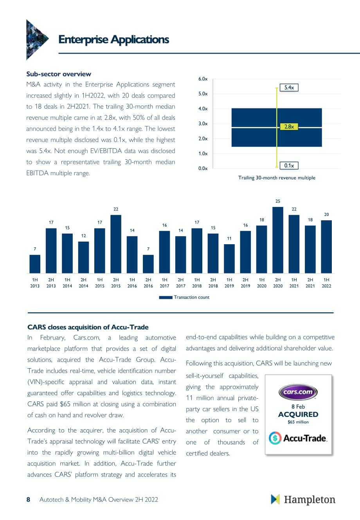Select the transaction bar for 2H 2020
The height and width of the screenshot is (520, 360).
coord(277,240)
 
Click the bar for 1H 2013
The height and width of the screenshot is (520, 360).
coord(35,264)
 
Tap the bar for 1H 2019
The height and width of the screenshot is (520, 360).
coord(229,259)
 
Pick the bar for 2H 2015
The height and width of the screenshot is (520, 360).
coord(116,244)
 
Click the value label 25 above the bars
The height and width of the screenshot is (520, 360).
coord(277,201)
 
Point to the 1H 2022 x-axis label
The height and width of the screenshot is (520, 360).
coord(326,283)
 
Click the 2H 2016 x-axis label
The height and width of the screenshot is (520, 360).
coord(148,283)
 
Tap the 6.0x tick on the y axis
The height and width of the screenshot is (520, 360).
coord(203,79)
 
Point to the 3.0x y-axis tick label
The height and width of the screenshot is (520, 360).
coord(203,124)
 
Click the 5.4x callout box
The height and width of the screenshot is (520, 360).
coord(289,88)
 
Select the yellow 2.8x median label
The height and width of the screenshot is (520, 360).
coord(289,127)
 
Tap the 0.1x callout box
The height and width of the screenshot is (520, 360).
coord(289,166)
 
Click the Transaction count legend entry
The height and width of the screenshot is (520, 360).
coord(184,297)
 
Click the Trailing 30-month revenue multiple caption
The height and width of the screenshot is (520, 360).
coord(277,178)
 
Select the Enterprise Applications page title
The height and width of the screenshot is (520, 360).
coord(114,40)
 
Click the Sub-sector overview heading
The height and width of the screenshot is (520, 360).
coord(59,74)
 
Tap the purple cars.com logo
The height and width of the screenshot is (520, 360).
coord(298,392)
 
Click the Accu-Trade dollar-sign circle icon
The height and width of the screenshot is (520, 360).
coord(275,438)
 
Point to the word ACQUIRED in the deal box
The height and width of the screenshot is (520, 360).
coord(298,414)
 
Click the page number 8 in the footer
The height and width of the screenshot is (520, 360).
coord(28,499)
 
